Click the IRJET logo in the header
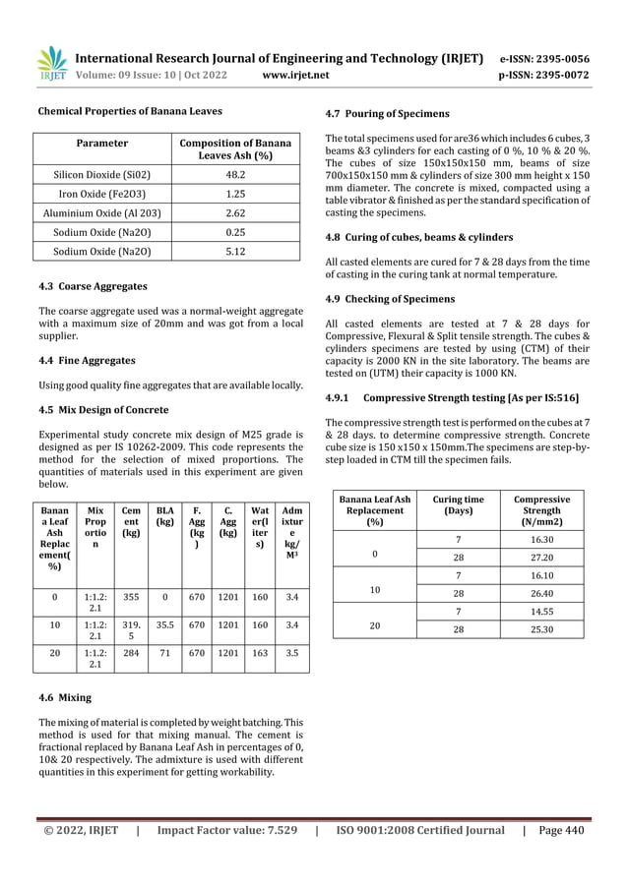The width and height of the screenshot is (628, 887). [x=51, y=63]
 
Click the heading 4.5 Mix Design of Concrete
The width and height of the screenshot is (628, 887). [x=101, y=409]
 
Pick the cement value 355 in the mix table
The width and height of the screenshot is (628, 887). [x=130, y=596]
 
